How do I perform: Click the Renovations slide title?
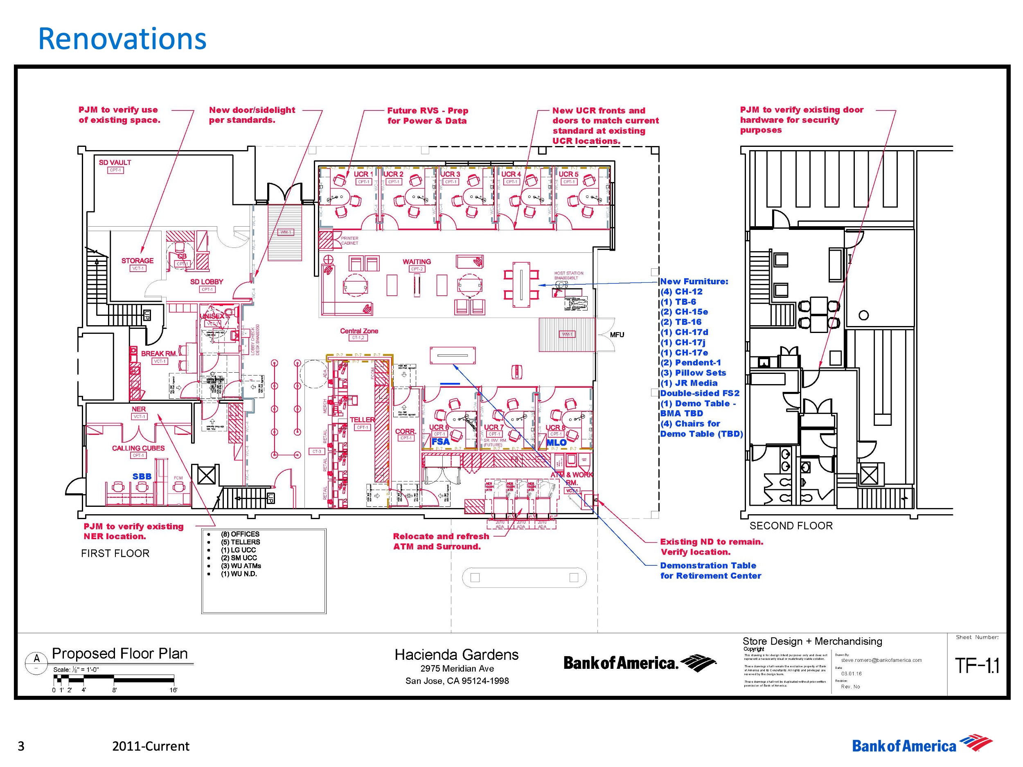(x=122, y=39)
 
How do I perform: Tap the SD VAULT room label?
(x=115, y=162)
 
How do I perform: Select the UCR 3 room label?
(x=450, y=174)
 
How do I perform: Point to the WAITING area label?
(x=416, y=262)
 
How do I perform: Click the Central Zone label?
(x=359, y=331)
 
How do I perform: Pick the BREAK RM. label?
(x=159, y=354)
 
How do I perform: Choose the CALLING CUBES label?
(x=138, y=448)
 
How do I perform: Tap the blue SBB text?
(x=142, y=476)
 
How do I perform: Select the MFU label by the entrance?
(x=617, y=335)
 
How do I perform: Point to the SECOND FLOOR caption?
(x=791, y=526)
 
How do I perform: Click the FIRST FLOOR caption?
(x=115, y=553)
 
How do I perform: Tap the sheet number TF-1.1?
(x=977, y=666)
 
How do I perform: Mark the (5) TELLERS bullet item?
(x=240, y=542)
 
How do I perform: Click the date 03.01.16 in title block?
(x=852, y=674)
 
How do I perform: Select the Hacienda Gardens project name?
(x=457, y=655)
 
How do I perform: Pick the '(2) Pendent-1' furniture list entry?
(x=690, y=363)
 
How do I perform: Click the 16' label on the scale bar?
(x=173, y=690)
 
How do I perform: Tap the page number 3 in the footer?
(x=21, y=746)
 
